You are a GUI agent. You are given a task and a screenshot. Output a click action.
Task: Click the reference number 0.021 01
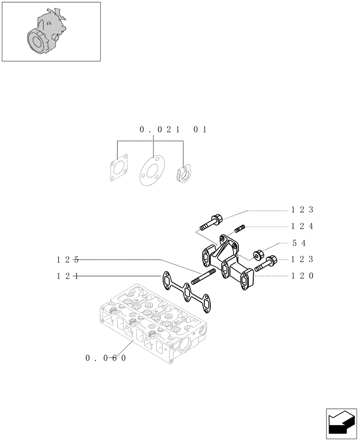click(x=173, y=130)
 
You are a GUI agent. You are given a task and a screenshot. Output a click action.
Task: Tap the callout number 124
click(x=302, y=226)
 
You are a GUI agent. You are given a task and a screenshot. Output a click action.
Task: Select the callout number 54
click(x=299, y=243)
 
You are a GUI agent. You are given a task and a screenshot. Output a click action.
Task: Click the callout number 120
click(x=302, y=276)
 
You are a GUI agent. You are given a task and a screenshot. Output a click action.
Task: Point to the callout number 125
click(x=67, y=259)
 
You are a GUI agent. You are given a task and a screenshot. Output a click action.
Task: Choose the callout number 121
click(x=67, y=276)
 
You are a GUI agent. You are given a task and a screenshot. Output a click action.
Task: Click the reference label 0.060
click(x=106, y=358)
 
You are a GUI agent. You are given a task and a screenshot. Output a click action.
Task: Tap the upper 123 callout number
click(x=302, y=209)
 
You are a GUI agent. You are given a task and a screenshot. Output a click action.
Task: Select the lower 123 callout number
click(x=302, y=259)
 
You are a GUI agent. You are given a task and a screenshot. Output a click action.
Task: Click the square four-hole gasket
click(x=119, y=168)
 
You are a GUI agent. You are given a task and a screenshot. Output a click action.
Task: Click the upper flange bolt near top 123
click(x=211, y=222)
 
